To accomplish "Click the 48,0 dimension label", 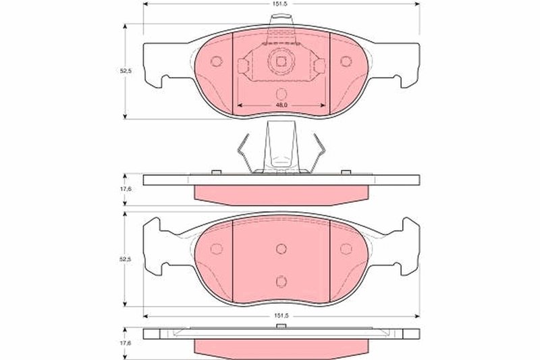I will pyautogui.click(x=281, y=105).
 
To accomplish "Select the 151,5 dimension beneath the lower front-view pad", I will pyautogui.click(x=281, y=314).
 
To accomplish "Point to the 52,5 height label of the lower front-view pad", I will pyautogui.click(x=119, y=258).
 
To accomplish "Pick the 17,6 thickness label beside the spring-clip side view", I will pyautogui.click(x=119, y=190).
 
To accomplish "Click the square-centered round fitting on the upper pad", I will pyautogui.click(x=281, y=61).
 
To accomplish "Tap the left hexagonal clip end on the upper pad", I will pyautogui.click(x=244, y=65).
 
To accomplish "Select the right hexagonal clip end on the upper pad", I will pyautogui.click(x=319, y=65).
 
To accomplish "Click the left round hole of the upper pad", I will pyautogui.click(x=217, y=61).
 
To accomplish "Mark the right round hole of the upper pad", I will pyautogui.click(x=346, y=61).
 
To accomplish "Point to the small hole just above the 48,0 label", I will pyautogui.click(x=281, y=94).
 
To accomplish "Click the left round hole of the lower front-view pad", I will pyautogui.click(x=217, y=248).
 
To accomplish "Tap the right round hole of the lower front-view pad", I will pyautogui.click(x=346, y=248).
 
